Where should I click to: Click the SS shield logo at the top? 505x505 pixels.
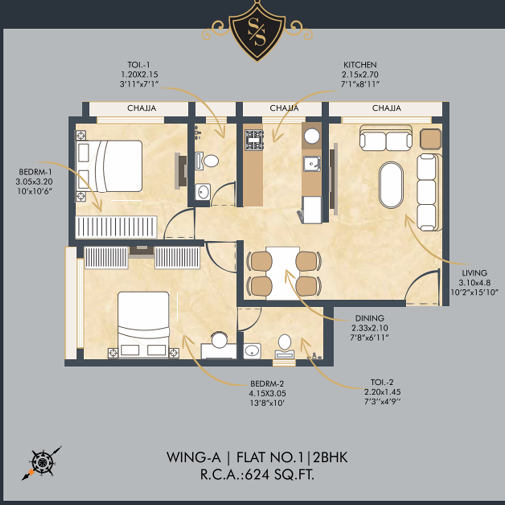(257, 31)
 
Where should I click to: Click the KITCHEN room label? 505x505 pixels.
(360, 65)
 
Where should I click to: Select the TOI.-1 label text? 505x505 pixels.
(139, 65)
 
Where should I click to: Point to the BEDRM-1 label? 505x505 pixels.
(35, 172)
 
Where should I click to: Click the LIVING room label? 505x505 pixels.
(475, 273)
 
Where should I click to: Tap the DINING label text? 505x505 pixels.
(369, 318)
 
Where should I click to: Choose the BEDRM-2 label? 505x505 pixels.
(267, 384)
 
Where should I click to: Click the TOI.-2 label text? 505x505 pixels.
(382, 382)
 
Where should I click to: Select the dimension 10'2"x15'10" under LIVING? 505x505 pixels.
(475, 292)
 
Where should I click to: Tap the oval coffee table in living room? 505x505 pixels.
(391, 185)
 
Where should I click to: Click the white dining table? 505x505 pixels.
(283, 273)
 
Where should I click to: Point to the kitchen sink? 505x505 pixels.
(312, 164)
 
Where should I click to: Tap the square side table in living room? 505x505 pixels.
(431, 139)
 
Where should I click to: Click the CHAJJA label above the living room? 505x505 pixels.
(387, 108)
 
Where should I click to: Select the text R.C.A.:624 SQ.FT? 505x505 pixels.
(257, 475)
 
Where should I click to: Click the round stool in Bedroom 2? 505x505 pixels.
(219, 340)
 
